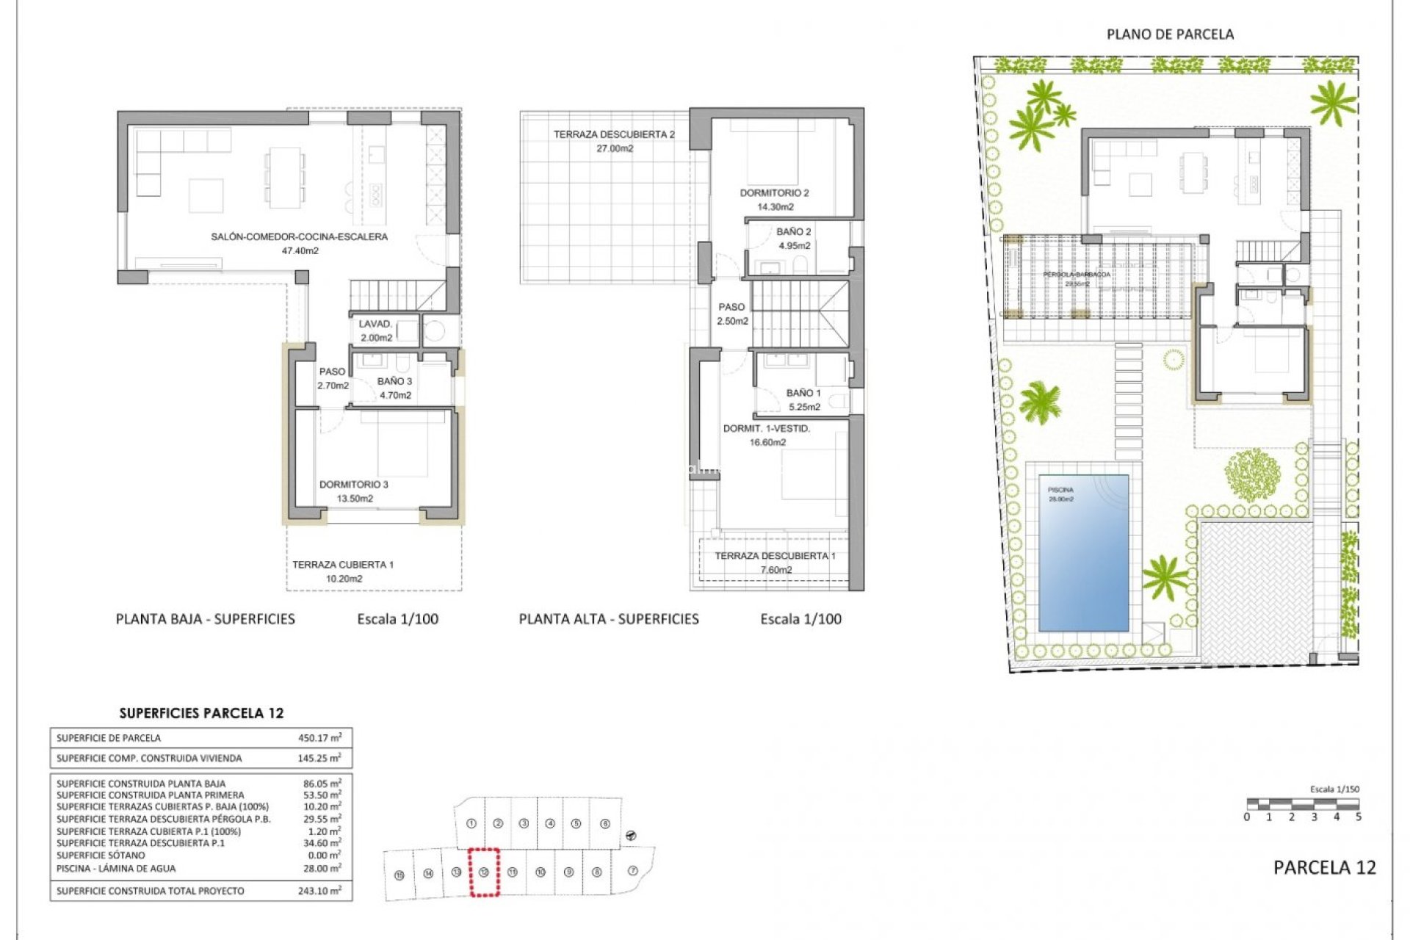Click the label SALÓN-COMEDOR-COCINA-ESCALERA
click(x=299, y=236)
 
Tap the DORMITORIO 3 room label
click(x=354, y=485)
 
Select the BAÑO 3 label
click(x=394, y=381)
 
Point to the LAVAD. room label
click(x=375, y=324)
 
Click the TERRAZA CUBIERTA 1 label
click(x=343, y=565)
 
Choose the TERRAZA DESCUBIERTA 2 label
click(x=614, y=134)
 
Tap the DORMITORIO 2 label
click(x=774, y=193)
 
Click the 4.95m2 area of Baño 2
click(x=795, y=246)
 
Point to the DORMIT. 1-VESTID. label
click(x=767, y=428)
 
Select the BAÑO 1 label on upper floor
click(x=803, y=393)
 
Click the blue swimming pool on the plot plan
click(x=1083, y=552)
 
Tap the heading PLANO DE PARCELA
click(x=1170, y=34)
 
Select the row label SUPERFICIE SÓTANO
click(x=101, y=856)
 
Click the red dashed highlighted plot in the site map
click(x=484, y=872)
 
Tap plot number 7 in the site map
click(x=633, y=871)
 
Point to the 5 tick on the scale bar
click(x=1358, y=817)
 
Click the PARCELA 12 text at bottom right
click(x=1324, y=867)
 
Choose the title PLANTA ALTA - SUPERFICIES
click(x=609, y=619)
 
